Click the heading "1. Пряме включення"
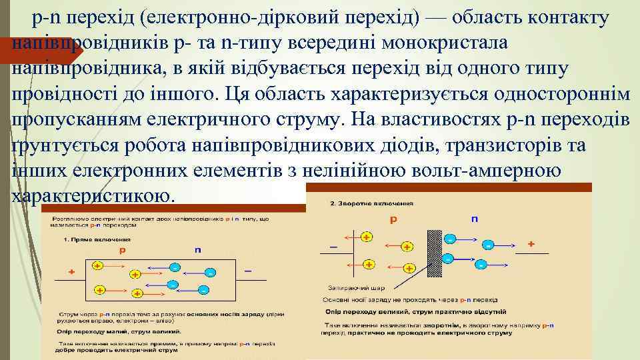coord(97,239)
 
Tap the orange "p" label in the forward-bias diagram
coord(121,250)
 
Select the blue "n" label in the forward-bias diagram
coord(197,249)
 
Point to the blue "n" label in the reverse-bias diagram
coord(475,217)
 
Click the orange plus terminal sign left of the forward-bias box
coord(71,271)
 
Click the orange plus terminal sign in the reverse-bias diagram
coord(531,244)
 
